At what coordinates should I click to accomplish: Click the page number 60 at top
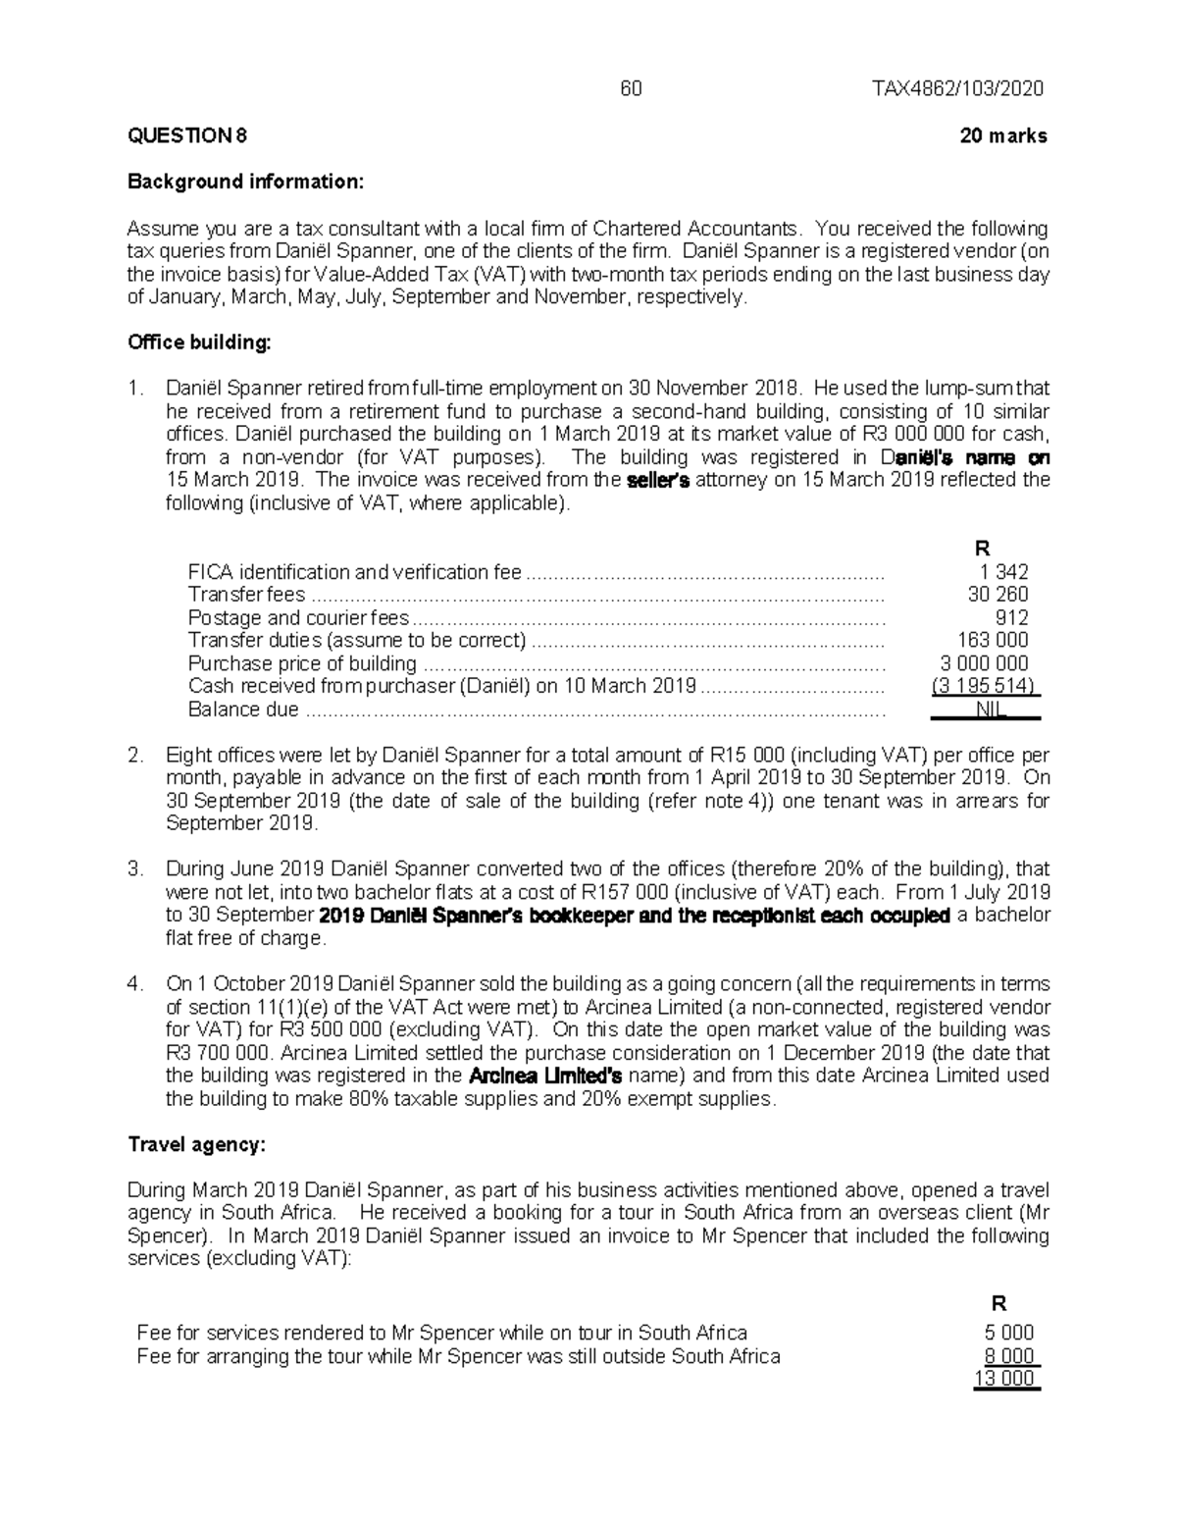(x=631, y=89)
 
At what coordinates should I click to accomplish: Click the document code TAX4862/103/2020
(x=958, y=89)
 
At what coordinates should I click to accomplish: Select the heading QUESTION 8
(x=187, y=136)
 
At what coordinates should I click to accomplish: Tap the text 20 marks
(x=1003, y=136)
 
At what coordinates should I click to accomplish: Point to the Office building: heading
(x=199, y=342)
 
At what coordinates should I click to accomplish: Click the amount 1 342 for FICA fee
(x=1003, y=572)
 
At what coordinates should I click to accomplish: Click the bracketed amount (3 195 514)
(x=985, y=686)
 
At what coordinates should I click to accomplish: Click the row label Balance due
(x=243, y=709)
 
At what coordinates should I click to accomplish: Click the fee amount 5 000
(x=1009, y=1333)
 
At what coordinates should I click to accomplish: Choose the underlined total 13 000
(x=1004, y=1379)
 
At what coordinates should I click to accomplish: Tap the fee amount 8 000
(x=1009, y=1356)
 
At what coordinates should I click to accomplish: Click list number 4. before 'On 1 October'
(x=136, y=984)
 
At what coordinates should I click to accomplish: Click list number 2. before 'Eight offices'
(x=136, y=756)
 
